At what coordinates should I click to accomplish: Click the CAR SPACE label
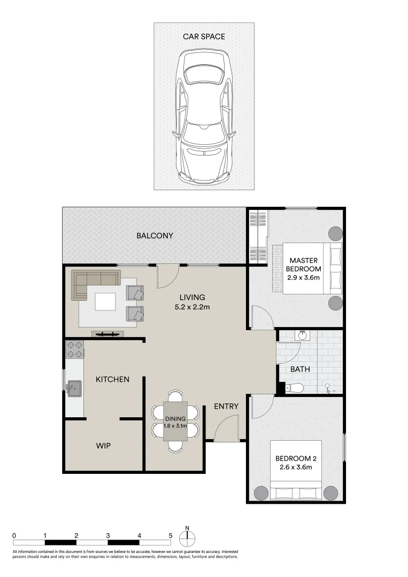point(204,36)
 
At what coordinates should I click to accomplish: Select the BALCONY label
point(155,236)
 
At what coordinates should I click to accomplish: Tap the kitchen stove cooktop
point(75,349)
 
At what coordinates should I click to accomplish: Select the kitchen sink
point(73,387)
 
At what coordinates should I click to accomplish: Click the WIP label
point(104,445)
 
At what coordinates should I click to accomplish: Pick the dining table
point(175,421)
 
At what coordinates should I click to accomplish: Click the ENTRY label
point(226,407)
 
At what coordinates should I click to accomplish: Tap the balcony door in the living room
point(167,277)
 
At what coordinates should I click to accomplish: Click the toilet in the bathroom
point(294,388)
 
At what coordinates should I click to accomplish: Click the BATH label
point(300,369)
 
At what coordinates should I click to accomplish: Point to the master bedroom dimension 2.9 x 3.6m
point(304,277)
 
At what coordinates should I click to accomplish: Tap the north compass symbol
point(188,537)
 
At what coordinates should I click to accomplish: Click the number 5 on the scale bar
point(170,535)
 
